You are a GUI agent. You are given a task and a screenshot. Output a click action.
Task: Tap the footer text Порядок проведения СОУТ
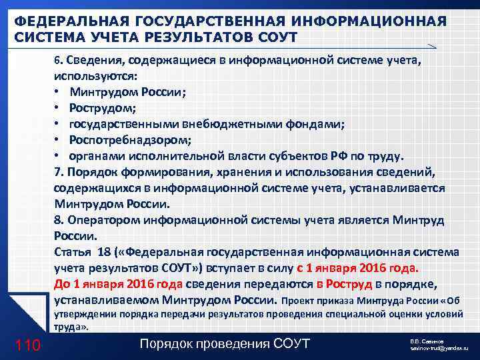pyautogui.click(x=225, y=343)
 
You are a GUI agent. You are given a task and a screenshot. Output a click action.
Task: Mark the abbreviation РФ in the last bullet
pyautogui.click(x=339, y=156)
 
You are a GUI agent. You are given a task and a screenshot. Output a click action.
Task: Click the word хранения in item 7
pyautogui.click(x=237, y=172)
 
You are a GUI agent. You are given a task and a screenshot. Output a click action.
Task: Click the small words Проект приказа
pyautogui.click(x=319, y=301)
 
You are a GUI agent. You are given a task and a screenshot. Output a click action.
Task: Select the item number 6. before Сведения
pyautogui.click(x=58, y=60)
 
